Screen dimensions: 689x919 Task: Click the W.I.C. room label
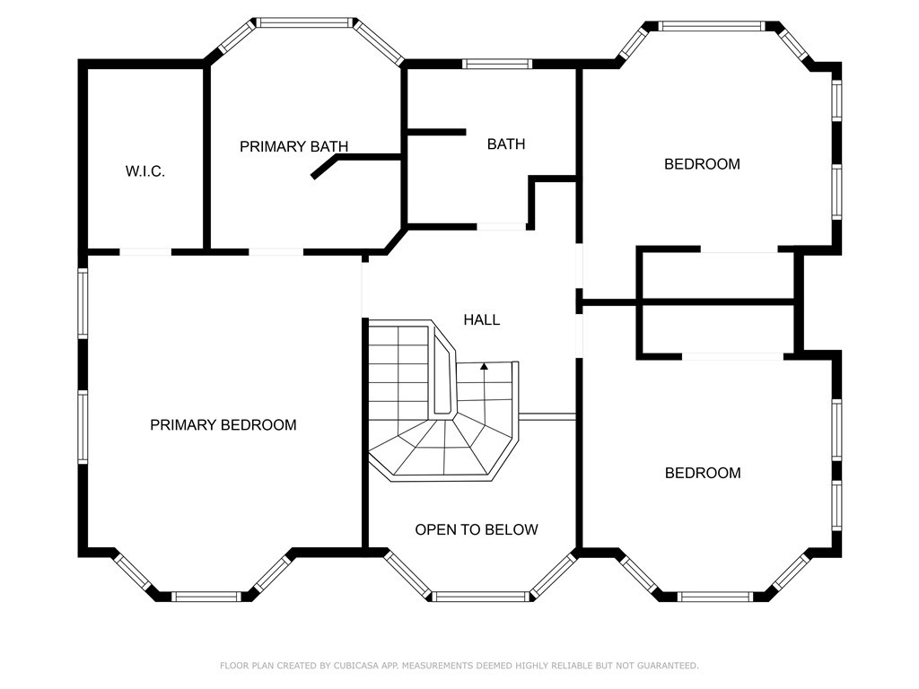pos(144,171)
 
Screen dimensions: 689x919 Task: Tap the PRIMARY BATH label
pos(293,146)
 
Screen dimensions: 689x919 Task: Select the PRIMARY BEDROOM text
pos(223,425)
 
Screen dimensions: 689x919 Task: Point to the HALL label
pos(482,319)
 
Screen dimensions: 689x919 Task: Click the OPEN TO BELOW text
pos(476,529)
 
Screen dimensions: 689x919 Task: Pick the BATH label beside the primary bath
pos(506,144)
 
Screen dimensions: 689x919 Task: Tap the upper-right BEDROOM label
pos(702,164)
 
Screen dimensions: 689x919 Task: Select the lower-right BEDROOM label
pos(703,473)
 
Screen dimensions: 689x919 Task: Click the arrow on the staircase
pos(485,366)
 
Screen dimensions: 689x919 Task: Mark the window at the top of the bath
pos(497,64)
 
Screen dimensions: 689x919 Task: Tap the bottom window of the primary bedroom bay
pos(206,596)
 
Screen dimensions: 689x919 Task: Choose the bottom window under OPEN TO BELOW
pos(481,596)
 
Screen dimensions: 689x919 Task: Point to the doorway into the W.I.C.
pos(145,252)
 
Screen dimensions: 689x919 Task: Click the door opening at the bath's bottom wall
pos(501,227)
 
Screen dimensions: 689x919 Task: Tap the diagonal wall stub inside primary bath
pos(324,168)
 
